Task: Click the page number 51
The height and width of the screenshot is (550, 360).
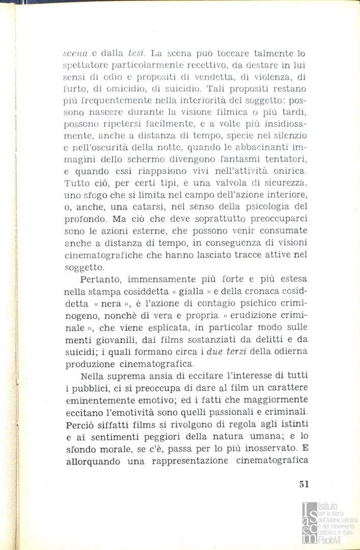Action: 304,485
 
